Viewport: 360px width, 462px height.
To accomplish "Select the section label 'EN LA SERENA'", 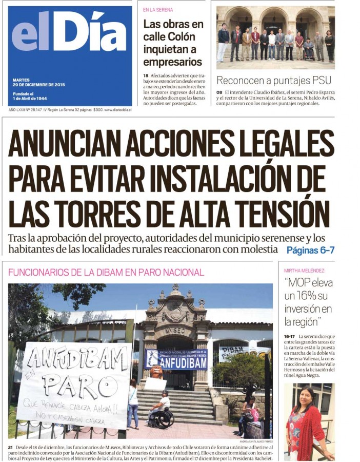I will [x=158, y=10].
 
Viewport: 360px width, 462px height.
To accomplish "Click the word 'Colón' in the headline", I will [x=174, y=37].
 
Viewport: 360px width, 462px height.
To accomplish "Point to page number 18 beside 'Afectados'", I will [x=146, y=76].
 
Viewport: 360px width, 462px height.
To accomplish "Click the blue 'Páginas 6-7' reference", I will [x=310, y=251].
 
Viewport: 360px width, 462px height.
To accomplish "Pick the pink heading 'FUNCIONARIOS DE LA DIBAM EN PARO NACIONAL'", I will [x=106, y=273].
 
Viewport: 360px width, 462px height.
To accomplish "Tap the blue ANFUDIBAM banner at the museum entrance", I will [x=175, y=360].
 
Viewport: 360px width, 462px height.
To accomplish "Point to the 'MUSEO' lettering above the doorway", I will [x=175, y=331].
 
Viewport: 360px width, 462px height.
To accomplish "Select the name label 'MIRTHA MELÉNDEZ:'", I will [x=305, y=271].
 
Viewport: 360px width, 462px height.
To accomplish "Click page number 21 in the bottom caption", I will [x=10, y=448].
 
